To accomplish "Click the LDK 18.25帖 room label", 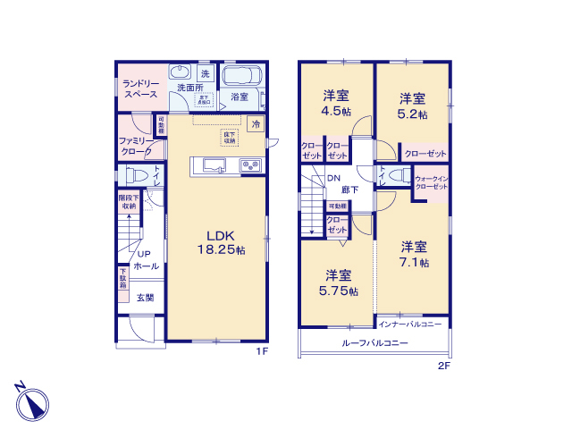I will point(221,243).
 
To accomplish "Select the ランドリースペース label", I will point(140,88).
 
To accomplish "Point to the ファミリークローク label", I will point(136,146).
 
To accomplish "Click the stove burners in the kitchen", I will point(248,164).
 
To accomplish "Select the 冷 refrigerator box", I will point(256,124).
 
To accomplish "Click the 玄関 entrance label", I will point(145,298).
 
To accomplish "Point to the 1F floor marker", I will point(261,351).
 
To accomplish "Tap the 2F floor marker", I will point(442,366).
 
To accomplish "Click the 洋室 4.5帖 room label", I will point(336,105).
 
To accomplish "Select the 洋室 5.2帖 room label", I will point(412,106).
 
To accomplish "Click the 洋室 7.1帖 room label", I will point(413,255).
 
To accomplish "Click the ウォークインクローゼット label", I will point(430,181).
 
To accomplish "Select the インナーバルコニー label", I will point(409,325).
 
